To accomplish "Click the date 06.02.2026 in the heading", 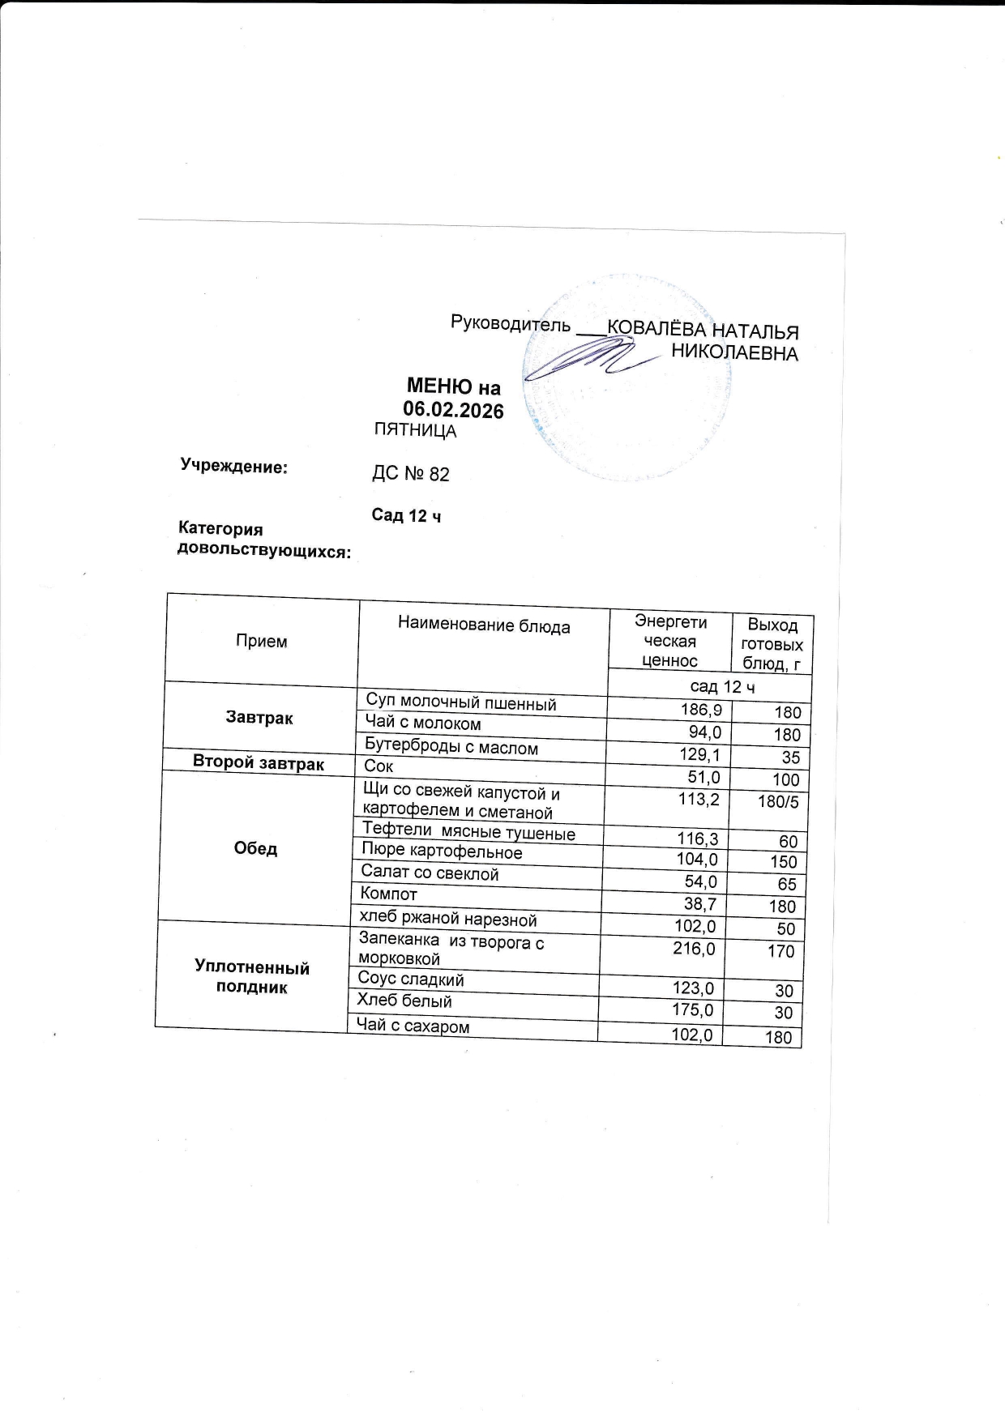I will (x=453, y=410).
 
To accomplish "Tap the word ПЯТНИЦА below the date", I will (x=415, y=431).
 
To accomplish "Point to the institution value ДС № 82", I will (x=410, y=474).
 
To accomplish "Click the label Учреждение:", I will (x=234, y=467).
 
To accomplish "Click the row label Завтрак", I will (x=259, y=718).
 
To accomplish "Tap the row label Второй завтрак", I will (x=258, y=763).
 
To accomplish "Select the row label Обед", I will (x=255, y=848).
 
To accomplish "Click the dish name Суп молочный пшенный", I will (x=460, y=702).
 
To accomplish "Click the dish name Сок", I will (x=378, y=766).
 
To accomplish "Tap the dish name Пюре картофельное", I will (x=442, y=851).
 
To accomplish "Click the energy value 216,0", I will (x=694, y=949).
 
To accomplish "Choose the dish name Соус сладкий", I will (x=411, y=979).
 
